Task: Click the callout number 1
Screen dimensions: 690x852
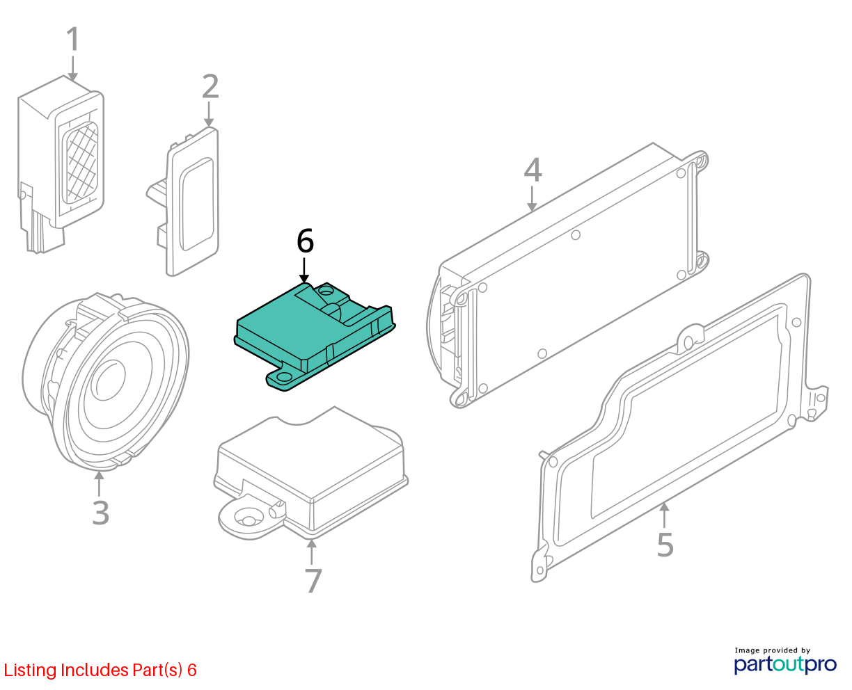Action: (x=73, y=40)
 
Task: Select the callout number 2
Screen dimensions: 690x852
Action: (x=210, y=86)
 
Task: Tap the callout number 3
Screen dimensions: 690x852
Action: (x=101, y=513)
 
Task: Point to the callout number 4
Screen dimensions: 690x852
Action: (x=532, y=170)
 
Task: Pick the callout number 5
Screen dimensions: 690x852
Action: (x=665, y=545)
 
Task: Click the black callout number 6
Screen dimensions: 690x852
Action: (x=305, y=241)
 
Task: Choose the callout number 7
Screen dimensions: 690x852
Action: (x=313, y=581)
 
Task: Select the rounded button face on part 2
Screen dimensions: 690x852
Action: (x=197, y=204)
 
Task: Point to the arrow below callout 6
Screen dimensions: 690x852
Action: (x=304, y=271)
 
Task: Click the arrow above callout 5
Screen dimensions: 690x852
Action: (x=665, y=515)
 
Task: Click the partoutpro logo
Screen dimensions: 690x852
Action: (x=785, y=664)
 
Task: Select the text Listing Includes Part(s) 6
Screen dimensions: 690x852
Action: (x=100, y=671)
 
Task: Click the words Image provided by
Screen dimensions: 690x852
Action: (x=773, y=650)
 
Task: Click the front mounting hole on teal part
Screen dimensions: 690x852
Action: (x=283, y=376)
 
